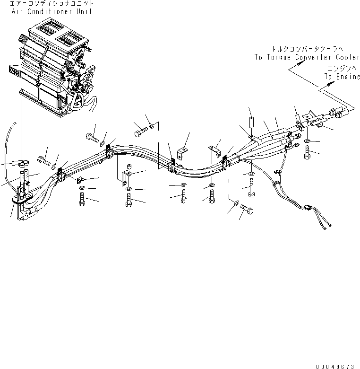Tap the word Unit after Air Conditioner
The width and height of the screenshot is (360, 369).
click(84, 11)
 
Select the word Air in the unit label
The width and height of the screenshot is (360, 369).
click(17, 11)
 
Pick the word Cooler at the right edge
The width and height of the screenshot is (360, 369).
click(348, 57)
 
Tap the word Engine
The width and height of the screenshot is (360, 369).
click(348, 77)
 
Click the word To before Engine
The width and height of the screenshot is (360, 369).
click(328, 77)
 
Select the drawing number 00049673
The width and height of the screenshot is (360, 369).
click(335, 367)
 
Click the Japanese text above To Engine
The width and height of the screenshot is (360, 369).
click(343, 69)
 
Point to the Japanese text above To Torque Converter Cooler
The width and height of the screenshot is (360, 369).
click(308, 49)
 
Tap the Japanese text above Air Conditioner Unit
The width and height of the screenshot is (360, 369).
click(51, 3)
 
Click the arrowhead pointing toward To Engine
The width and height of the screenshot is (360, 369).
click(331, 83)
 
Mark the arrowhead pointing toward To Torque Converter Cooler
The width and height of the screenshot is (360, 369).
click(301, 62)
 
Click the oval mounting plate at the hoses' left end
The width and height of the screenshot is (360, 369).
click(23, 198)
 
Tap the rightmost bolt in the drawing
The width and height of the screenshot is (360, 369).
click(307, 152)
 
